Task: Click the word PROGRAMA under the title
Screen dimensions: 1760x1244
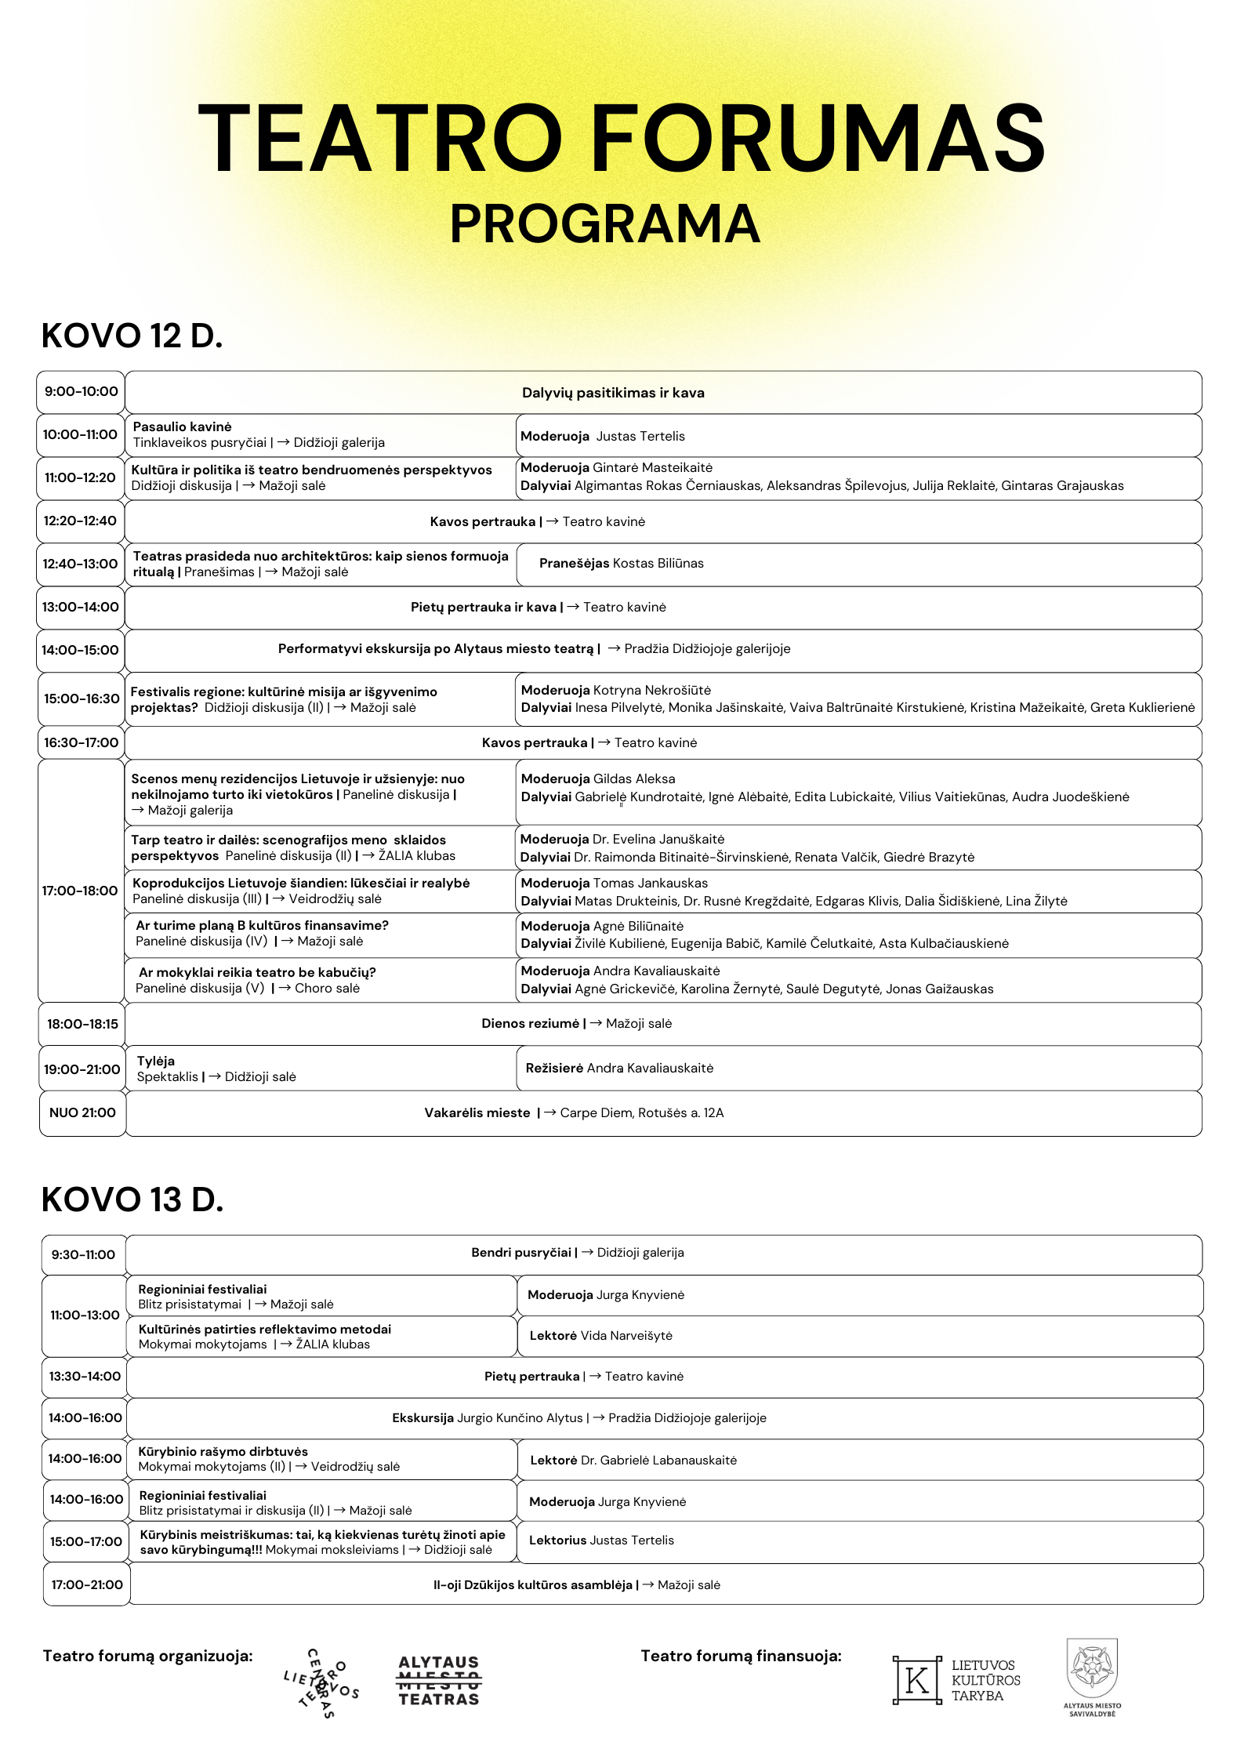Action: pyautogui.click(x=604, y=224)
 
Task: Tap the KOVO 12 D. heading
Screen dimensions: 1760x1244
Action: pyautogui.click(x=132, y=336)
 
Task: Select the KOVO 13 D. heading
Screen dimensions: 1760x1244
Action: pyautogui.click(x=132, y=1199)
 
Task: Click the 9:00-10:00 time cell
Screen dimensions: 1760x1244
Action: pyautogui.click(x=81, y=392)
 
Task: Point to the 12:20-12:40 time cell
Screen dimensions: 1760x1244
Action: pyautogui.click(x=80, y=521)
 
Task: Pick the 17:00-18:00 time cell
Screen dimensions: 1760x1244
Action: pyautogui.click(x=80, y=891)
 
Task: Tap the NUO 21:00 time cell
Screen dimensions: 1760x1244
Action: pyautogui.click(x=82, y=1112)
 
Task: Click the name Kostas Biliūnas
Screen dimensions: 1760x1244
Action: pyautogui.click(x=658, y=563)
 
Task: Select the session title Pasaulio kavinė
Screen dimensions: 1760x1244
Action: pyautogui.click(x=182, y=426)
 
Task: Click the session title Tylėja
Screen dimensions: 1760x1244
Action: pyautogui.click(x=155, y=1061)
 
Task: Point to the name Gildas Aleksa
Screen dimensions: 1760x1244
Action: pyautogui.click(x=633, y=778)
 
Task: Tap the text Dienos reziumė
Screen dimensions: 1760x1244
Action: pyautogui.click(x=530, y=1023)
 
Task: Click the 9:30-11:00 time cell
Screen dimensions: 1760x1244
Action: pyautogui.click(x=83, y=1254)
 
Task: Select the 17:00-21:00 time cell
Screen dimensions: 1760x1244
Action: pyautogui.click(x=86, y=1584)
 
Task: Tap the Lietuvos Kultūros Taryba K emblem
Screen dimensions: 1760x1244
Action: pyautogui.click(x=916, y=1680)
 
